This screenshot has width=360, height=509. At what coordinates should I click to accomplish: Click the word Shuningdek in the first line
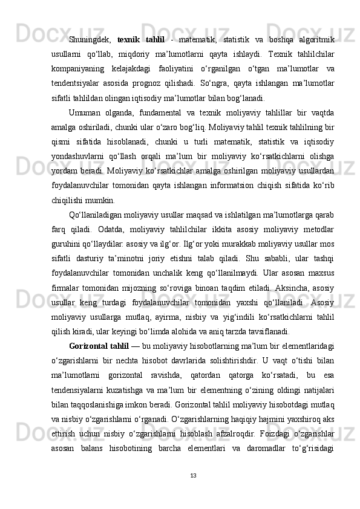pos(89,39)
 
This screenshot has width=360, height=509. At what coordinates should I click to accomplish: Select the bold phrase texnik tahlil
pos(140,39)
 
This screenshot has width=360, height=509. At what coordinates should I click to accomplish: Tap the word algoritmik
pos(313,39)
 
